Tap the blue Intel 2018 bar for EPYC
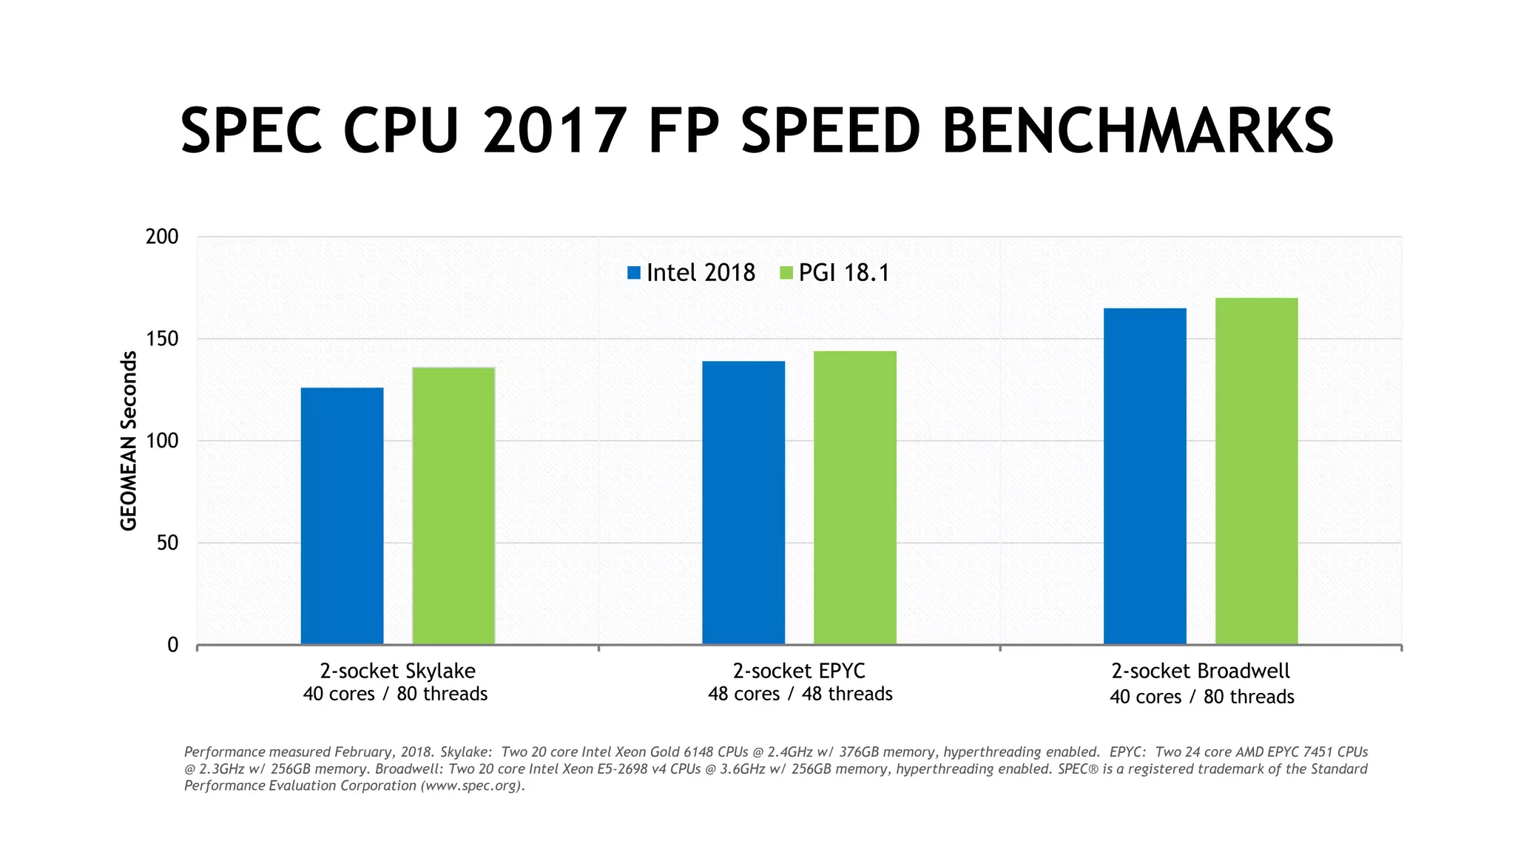(743, 502)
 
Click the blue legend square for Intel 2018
(634, 273)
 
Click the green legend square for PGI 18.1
(786, 273)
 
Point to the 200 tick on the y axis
(162, 237)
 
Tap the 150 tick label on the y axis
(162, 339)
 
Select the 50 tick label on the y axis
(168, 543)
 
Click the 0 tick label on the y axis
(173, 645)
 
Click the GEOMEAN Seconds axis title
(129, 441)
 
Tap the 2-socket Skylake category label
(397, 671)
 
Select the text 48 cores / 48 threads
(800, 694)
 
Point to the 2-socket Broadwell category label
(1200, 671)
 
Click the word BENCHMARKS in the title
(1138, 131)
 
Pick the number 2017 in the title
(555, 131)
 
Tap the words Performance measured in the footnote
(257, 752)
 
